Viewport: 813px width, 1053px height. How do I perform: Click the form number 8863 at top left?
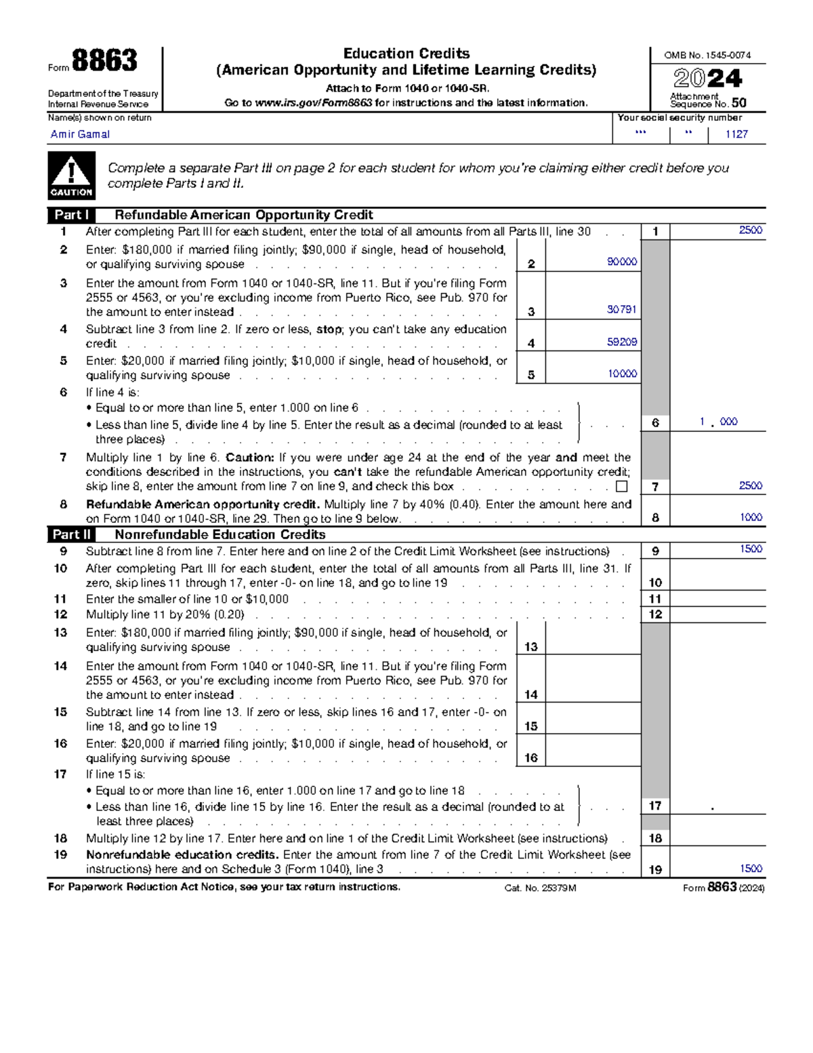tap(104, 61)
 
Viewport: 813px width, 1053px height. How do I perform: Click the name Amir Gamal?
tap(80, 134)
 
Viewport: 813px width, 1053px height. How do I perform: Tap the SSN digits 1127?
tap(736, 134)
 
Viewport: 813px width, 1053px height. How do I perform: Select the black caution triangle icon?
tap(71, 176)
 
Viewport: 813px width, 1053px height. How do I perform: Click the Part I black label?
tap(71, 215)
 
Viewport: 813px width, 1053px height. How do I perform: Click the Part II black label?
tap(71, 534)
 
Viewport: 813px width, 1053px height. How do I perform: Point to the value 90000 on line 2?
tap(621, 262)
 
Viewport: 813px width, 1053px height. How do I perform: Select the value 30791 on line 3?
tap(621, 309)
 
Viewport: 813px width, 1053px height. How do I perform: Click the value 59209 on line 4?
tap(621, 342)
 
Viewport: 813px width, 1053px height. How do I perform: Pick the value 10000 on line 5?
tap(621, 374)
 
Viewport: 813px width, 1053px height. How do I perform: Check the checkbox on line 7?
tap(621, 486)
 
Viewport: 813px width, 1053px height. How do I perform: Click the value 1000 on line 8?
tap(751, 517)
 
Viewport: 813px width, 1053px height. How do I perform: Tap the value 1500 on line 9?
tap(751, 549)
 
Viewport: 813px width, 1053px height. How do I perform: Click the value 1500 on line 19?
tap(751, 869)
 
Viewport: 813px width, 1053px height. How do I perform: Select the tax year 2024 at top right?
tap(708, 79)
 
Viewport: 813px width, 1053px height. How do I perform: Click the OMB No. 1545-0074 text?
tap(707, 56)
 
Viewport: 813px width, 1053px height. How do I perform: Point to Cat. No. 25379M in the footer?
tap(540, 888)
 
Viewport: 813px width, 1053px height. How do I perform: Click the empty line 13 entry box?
tap(593, 639)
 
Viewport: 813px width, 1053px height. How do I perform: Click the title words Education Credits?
tap(406, 54)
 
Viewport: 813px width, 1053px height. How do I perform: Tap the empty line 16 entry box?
tap(593, 750)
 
